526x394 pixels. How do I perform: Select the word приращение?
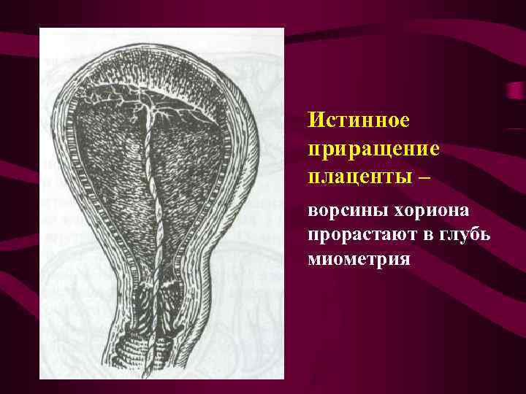coord(373,148)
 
